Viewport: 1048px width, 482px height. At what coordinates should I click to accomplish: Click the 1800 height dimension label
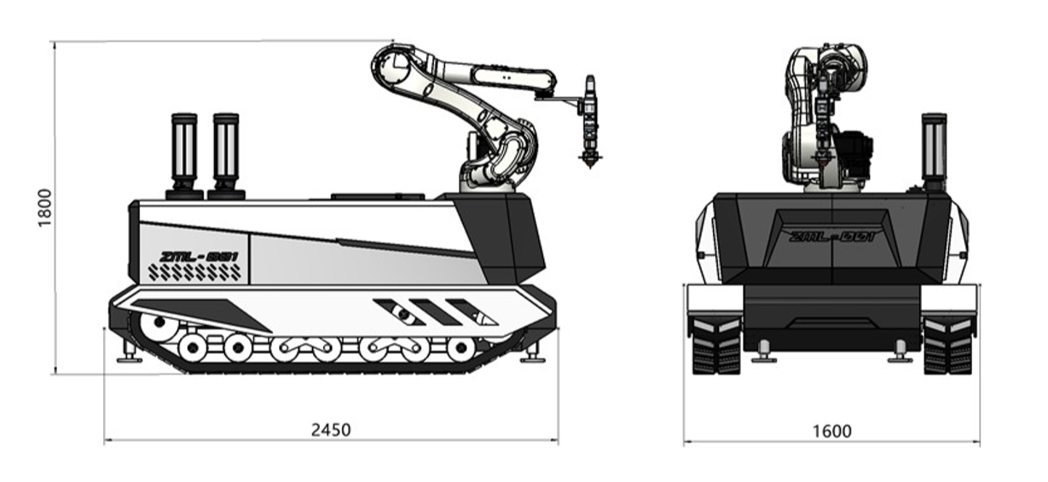click(45, 208)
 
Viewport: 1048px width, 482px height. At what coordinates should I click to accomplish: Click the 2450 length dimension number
click(331, 430)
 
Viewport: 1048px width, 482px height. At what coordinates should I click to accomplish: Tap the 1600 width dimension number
click(832, 431)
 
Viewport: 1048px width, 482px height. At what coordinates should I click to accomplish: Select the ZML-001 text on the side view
click(199, 257)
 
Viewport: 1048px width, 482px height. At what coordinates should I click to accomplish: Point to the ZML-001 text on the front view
click(831, 237)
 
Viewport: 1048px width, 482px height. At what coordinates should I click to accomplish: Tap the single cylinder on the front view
click(934, 152)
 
